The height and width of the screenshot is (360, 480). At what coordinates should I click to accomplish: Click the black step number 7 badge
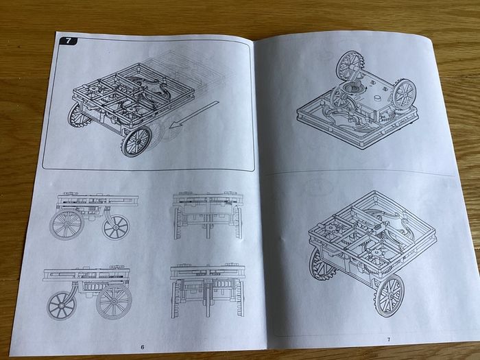click(68, 41)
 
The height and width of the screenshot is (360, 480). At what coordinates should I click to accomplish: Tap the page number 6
click(143, 347)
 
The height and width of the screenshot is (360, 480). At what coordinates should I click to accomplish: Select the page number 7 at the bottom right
click(389, 339)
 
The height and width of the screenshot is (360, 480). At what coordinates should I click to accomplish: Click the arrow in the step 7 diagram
click(195, 114)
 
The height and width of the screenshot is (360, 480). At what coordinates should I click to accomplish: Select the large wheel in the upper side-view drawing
click(67, 224)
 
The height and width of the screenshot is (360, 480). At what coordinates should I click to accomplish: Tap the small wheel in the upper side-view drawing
click(116, 227)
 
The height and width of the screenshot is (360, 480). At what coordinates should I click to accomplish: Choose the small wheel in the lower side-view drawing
click(61, 306)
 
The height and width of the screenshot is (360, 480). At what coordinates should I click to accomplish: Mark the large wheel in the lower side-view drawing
click(115, 302)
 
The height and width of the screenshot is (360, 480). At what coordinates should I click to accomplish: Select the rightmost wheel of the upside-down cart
click(404, 94)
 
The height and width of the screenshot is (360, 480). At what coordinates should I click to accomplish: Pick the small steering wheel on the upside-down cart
click(339, 97)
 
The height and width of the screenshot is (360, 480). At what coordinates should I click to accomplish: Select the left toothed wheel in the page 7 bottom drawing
click(320, 263)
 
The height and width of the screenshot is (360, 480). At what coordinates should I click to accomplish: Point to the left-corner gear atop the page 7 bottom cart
click(331, 228)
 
